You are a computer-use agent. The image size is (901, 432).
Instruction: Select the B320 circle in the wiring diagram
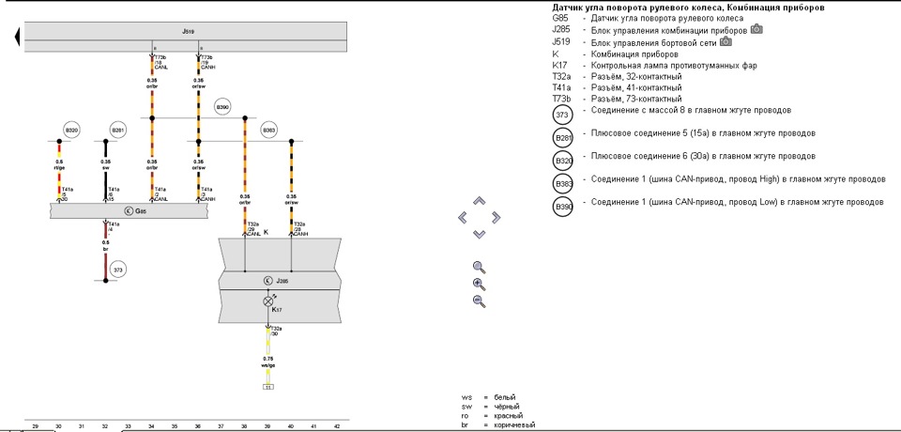(71, 130)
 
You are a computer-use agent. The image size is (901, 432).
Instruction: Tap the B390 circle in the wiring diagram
(222, 106)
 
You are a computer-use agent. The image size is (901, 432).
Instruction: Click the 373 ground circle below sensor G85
(117, 270)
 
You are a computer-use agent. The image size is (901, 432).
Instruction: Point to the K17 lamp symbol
(267, 301)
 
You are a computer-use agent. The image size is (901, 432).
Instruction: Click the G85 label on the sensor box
(139, 212)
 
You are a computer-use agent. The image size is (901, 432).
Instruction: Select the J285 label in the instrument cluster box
(279, 280)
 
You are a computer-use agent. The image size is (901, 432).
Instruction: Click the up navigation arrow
(479, 201)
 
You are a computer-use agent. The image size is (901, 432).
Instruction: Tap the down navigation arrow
(479, 233)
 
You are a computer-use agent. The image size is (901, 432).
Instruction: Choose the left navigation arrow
(462, 217)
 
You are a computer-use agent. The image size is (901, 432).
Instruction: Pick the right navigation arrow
(496, 217)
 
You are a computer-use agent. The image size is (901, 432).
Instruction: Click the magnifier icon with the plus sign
(479, 284)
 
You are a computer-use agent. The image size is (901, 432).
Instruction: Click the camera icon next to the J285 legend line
(756, 29)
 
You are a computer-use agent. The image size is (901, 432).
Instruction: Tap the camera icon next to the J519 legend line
(725, 41)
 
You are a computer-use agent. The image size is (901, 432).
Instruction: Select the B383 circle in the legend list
(563, 184)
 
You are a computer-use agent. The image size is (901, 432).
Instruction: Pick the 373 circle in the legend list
(563, 116)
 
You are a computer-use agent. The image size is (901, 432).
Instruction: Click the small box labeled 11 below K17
(267, 386)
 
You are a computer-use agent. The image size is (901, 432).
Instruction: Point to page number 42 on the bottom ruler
(337, 426)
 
